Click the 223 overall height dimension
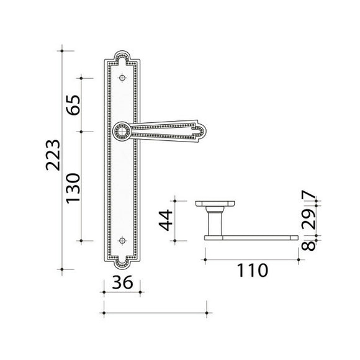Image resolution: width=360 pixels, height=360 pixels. click(53, 155)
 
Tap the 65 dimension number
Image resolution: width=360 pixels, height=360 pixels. click(73, 105)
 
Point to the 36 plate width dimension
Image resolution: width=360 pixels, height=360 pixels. click(122, 282)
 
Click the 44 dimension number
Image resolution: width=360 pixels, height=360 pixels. click(166, 220)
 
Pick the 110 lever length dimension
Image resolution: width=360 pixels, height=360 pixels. click(253, 270)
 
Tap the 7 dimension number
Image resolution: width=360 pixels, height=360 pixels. click(309, 195)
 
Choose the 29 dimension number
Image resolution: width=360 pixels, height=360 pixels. click(309, 220)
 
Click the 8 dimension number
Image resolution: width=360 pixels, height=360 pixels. click(309, 246)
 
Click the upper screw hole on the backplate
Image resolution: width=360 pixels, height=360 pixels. click(122, 78)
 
